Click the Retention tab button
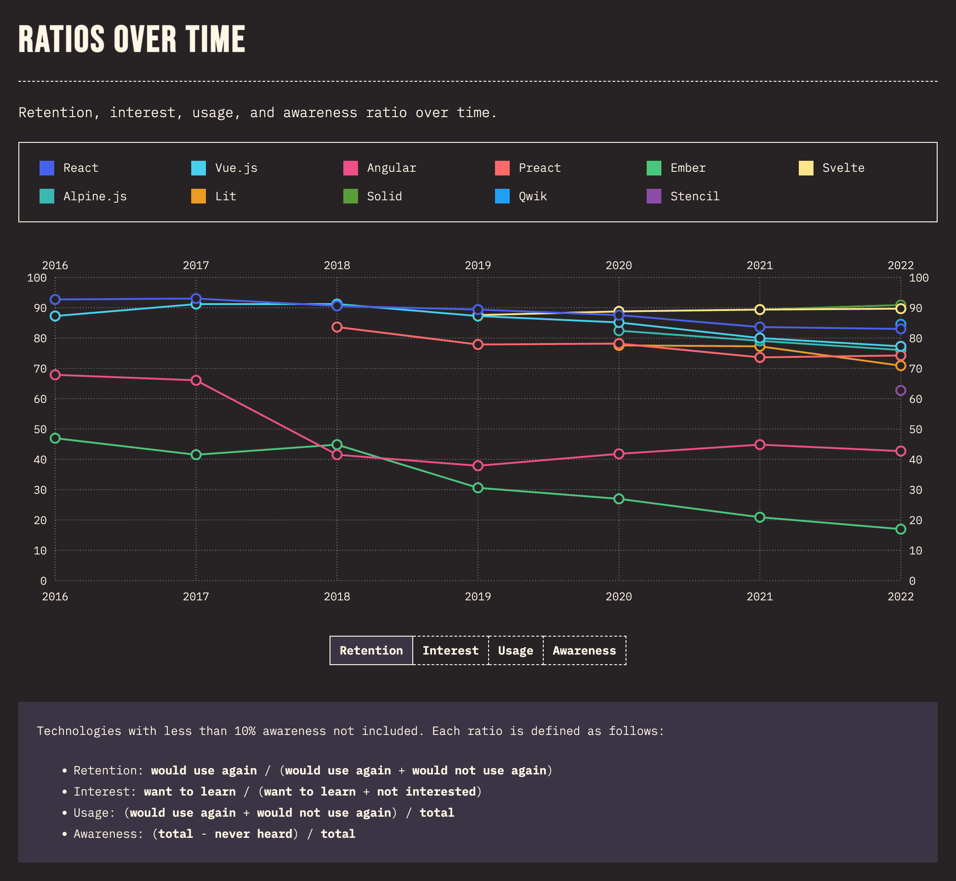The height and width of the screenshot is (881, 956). pos(371,650)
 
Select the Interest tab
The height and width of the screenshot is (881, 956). pos(450,650)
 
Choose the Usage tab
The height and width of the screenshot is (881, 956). pos(515,650)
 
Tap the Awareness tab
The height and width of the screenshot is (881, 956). pos(584,650)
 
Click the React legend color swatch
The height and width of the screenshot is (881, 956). pos(47,168)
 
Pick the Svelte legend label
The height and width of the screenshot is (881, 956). pos(843,168)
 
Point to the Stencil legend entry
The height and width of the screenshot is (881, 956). pos(694,197)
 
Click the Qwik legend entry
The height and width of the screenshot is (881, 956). pos(532,197)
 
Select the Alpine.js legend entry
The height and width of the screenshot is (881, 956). pos(95,197)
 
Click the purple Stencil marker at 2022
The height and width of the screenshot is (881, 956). pos(900,390)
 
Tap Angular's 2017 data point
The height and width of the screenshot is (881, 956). pos(196,380)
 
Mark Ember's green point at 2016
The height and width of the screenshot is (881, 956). pos(55,438)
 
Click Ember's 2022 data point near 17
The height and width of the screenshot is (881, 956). pos(900,529)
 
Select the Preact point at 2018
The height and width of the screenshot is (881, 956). pos(337,327)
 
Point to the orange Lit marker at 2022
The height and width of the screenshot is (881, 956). pos(900,366)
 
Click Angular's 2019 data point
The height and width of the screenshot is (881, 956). pos(478,465)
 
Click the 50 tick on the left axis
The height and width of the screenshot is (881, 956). pos(40,429)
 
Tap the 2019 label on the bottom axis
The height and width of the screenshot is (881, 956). pos(478,596)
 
